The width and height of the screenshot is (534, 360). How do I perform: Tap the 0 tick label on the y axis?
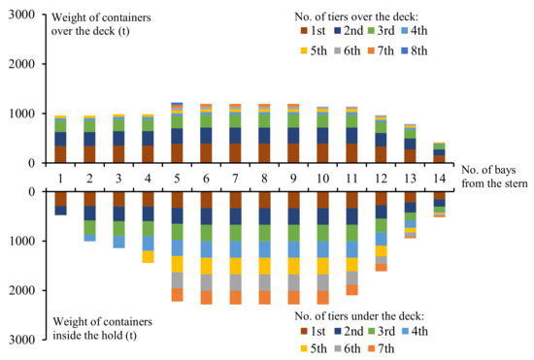point(25,164)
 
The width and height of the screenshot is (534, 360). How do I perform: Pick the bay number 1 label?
point(60,178)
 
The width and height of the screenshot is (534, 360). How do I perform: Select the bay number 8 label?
point(264,178)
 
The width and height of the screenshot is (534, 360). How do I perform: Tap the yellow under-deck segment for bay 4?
point(148,256)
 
